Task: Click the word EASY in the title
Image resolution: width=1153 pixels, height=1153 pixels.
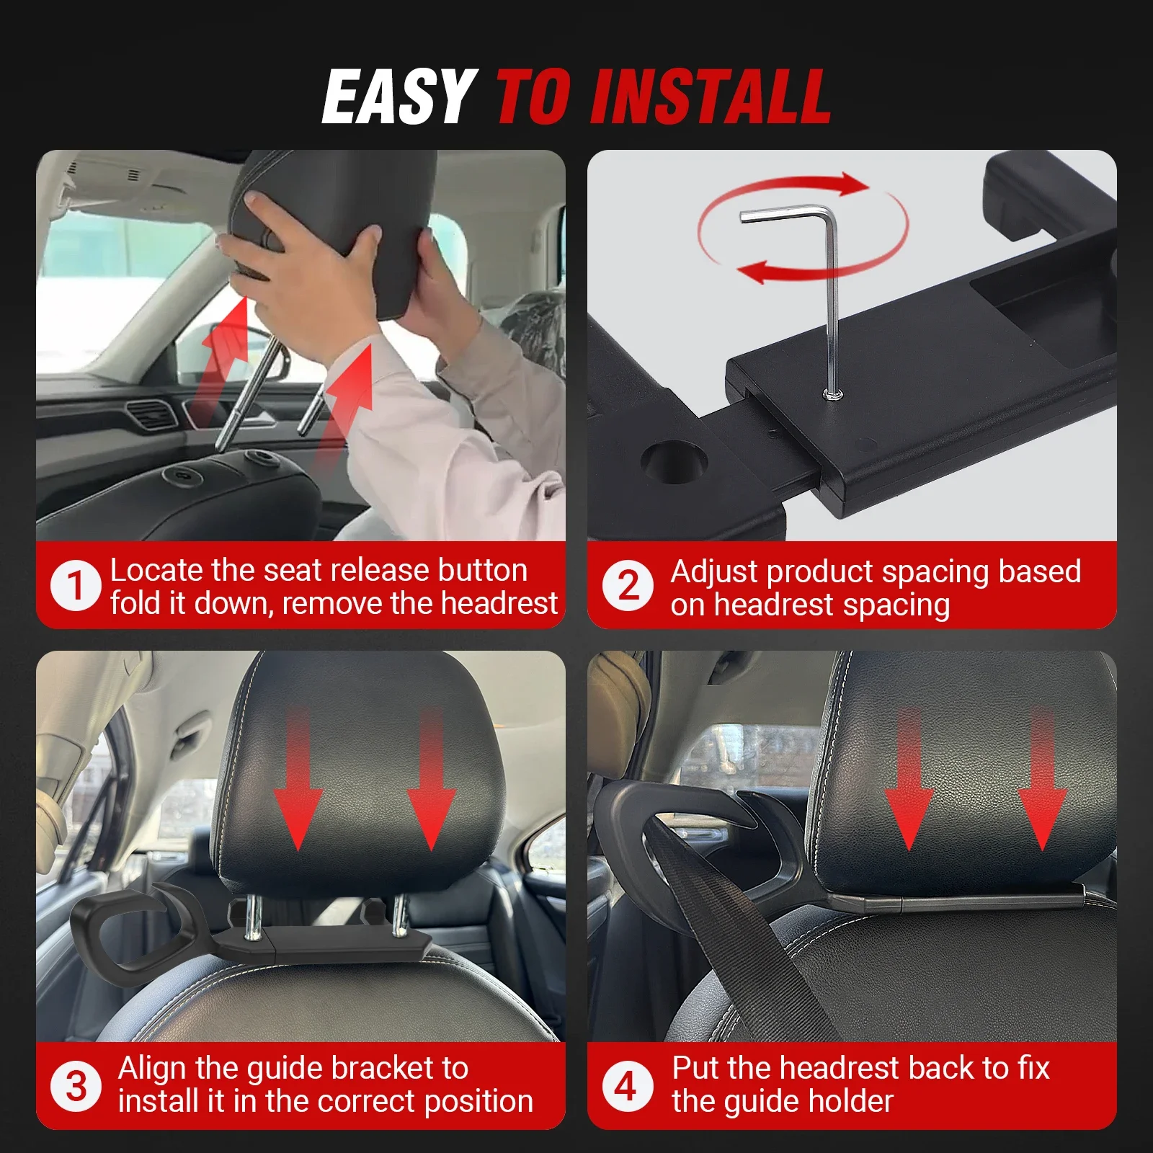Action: point(399,97)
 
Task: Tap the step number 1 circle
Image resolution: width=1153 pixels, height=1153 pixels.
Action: point(75,585)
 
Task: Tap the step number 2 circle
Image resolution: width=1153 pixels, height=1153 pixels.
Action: point(628,585)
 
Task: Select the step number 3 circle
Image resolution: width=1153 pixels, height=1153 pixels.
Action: point(76,1086)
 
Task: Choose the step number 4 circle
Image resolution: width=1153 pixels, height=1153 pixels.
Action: point(627,1086)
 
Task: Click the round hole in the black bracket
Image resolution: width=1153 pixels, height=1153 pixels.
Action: point(674,460)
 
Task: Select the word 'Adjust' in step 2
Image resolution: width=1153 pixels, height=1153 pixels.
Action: point(713,572)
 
